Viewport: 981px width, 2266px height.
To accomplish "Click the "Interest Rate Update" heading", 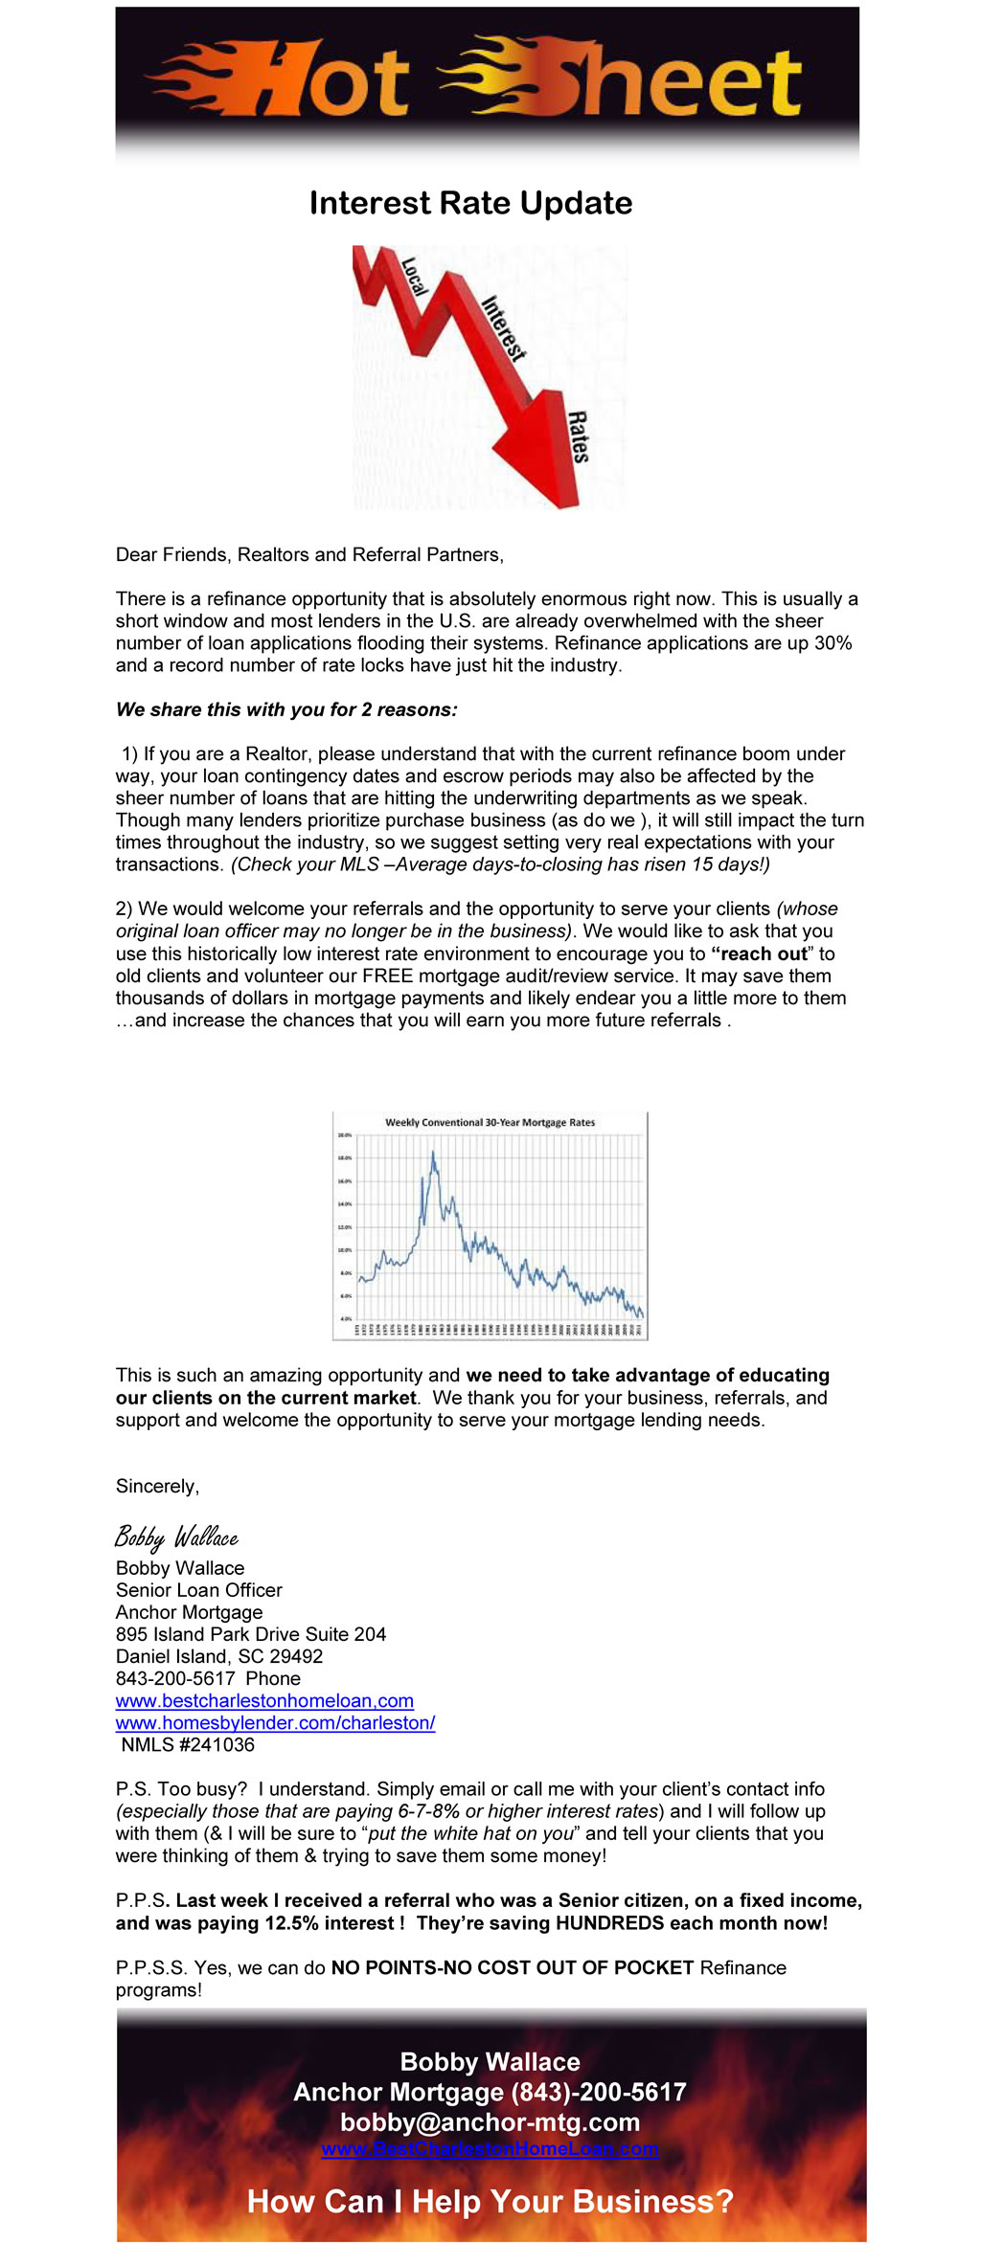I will click(470, 203).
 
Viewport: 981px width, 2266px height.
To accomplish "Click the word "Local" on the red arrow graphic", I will click(413, 277).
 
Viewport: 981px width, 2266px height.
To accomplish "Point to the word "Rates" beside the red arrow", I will click(578, 437).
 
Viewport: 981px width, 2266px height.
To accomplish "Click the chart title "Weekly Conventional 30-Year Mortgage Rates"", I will click(490, 1122).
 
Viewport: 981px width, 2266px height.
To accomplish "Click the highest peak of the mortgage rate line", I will click(433, 1153).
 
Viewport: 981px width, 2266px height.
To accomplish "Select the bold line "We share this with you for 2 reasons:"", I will click(286, 709).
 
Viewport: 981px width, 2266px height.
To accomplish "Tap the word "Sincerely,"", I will click(157, 1486).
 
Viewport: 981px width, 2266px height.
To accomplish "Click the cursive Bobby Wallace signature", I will click(176, 1537).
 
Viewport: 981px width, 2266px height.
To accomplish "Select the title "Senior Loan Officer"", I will click(199, 1590).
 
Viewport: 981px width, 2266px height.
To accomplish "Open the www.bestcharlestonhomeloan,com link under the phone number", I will click(264, 1700).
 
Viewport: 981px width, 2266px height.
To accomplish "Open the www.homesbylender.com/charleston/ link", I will click(275, 1722).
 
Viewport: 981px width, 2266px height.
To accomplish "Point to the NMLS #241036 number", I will click(188, 1744).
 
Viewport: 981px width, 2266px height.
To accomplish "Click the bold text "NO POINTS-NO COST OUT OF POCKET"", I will click(513, 1967).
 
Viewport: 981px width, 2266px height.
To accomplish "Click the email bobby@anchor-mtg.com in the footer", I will click(490, 2122).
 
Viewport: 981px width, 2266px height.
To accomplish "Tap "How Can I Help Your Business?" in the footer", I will click(490, 2202).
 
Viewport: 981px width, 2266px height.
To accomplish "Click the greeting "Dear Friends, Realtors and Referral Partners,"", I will click(309, 554).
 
